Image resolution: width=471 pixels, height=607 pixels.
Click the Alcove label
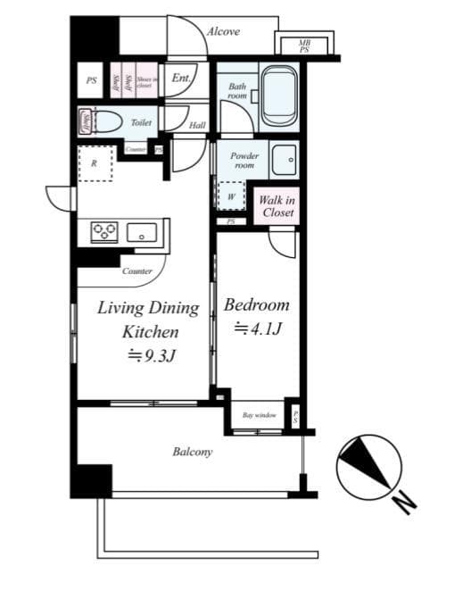tap(223, 31)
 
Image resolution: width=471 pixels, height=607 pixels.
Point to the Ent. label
tap(182, 79)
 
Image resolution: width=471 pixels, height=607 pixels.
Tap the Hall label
tap(197, 126)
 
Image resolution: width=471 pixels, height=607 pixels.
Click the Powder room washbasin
tap(285, 161)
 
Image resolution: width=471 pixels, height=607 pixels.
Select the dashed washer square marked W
tap(231, 196)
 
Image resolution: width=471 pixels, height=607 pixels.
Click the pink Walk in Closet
tap(277, 207)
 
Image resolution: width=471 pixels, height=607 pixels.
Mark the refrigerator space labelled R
tap(95, 163)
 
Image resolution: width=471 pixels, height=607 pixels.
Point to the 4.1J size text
tap(258, 329)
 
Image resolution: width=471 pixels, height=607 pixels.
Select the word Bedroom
tap(256, 305)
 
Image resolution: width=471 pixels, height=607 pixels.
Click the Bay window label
tap(259, 415)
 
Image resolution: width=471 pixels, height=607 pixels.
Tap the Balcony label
tap(192, 453)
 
